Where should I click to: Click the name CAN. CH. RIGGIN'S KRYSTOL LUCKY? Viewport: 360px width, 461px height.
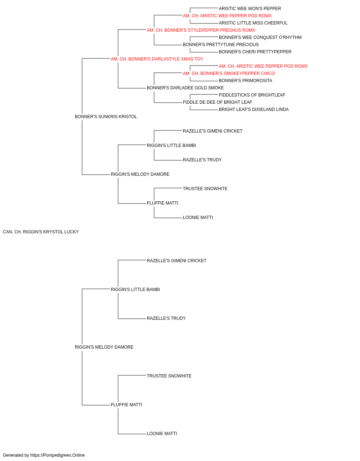click(41, 232)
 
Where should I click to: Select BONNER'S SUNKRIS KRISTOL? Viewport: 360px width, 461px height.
click(106, 117)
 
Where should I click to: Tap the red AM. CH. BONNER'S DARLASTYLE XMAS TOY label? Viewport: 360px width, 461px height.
click(157, 59)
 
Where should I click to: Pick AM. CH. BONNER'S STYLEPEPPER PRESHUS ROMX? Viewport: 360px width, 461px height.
click(201, 30)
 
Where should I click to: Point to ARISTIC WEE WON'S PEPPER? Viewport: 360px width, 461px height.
click(250, 9)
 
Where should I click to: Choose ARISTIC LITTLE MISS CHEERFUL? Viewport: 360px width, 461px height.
click(253, 23)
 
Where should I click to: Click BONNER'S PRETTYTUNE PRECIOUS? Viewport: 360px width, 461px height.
click(221, 45)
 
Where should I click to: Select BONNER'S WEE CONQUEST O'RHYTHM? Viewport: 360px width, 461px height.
click(260, 37)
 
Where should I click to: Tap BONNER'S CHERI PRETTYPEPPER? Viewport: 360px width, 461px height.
click(255, 52)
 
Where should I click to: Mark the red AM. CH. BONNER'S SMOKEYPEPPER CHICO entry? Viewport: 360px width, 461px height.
click(229, 73)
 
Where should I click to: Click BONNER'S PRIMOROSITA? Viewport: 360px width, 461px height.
click(245, 81)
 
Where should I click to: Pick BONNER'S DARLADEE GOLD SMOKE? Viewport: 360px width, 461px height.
click(185, 88)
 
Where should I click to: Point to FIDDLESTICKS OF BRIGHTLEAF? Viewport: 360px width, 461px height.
click(252, 95)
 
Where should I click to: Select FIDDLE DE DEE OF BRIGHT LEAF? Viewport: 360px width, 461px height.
click(217, 102)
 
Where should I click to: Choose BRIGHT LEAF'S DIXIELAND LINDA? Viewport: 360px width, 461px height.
click(253, 109)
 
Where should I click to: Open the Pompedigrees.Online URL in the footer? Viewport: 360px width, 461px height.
click(58, 455)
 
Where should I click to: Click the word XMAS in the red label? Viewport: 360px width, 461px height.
click(186, 59)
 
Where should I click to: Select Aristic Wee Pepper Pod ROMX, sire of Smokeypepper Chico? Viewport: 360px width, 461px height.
click(263, 66)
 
